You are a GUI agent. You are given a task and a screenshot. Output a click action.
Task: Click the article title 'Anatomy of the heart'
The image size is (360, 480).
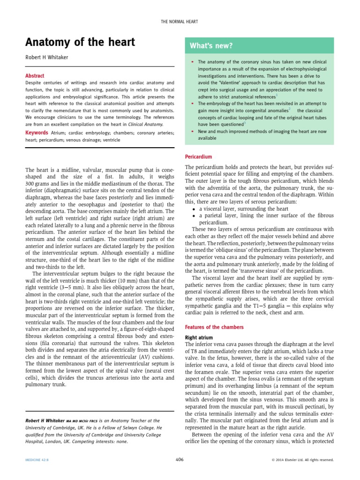(x=80, y=43)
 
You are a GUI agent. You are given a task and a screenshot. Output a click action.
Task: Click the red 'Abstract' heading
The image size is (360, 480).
(x=35, y=75)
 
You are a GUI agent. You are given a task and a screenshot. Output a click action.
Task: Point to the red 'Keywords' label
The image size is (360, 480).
(x=37, y=133)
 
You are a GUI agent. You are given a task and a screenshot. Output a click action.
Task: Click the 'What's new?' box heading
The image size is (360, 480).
(x=211, y=45)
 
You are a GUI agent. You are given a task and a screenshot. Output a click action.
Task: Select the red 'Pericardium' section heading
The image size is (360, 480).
(x=198, y=157)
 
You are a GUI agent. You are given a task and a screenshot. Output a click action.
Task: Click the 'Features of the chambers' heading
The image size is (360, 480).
(x=214, y=327)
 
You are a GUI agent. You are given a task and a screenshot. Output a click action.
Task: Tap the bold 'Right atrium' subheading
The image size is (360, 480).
(x=199, y=337)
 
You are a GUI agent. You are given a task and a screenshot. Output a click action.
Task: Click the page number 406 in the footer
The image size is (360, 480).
(x=180, y=460)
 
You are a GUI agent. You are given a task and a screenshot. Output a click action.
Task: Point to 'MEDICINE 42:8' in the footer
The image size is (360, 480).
(x=37, y=460)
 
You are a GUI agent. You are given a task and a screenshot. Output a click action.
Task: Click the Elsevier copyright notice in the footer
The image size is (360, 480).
(x=303, y=460)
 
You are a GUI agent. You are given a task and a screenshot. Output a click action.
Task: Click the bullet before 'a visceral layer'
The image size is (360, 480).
(x=194, y=209)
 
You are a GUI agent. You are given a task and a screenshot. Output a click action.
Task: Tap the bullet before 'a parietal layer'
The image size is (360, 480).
(x=194, y=216)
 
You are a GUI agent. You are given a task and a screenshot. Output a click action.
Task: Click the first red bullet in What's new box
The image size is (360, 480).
(x=192, y=62)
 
